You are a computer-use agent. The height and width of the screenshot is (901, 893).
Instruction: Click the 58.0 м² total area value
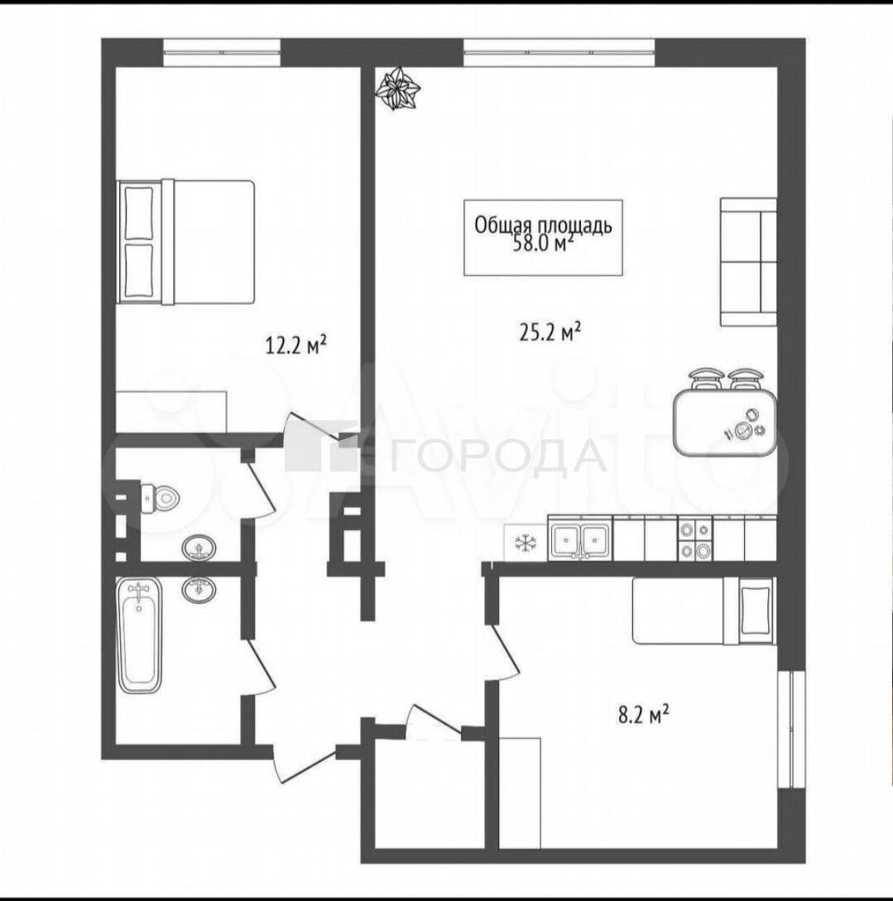(x=543, y=244)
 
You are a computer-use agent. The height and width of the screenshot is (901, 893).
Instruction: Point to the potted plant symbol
(x=397, y=88)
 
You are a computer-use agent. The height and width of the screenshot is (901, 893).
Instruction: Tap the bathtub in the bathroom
(x=139, y=636)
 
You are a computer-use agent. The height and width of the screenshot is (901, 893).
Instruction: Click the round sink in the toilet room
(x=199, y=548)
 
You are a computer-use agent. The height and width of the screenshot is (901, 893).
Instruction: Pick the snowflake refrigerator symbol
(x=524, y=543)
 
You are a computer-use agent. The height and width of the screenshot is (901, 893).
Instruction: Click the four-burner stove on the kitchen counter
(x=695, y=539)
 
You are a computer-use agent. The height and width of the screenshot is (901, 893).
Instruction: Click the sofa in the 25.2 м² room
(x=748, y=261)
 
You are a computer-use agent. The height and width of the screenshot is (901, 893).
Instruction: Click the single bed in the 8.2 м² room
(x=704, y=611)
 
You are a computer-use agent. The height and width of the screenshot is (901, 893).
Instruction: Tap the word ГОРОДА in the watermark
(x=497, y=456)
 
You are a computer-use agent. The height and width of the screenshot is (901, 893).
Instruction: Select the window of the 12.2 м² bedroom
(x=222, y=52)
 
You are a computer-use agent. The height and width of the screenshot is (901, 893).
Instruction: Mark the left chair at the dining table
(x=706, y=379)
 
